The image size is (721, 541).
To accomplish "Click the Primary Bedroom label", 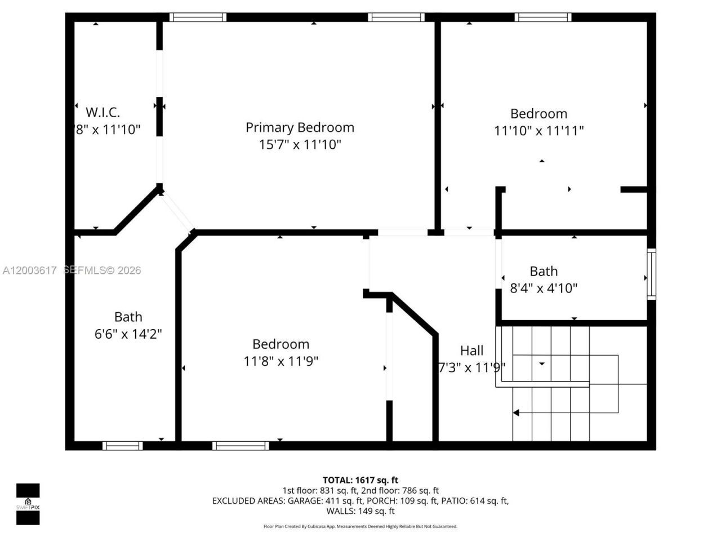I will (x=300, y=127).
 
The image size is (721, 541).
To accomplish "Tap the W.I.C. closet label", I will (x=103, y=112).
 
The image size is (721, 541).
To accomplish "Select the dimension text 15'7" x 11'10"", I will (x=300, y=145).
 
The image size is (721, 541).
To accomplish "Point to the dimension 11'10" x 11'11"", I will (x=538, y=131).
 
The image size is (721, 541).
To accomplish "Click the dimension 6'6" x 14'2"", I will (x=128, y=334).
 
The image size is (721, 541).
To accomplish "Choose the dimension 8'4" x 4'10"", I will (x=544, y=289).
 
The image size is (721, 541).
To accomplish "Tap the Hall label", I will (x=471, y=351).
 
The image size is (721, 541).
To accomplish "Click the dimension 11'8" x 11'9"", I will (x=281, y=361).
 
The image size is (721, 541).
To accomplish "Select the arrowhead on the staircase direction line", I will (x=515, y=413).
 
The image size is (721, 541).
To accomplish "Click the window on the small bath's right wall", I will (x=651, y=274).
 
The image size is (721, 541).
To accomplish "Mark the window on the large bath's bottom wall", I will (x=122, y=446).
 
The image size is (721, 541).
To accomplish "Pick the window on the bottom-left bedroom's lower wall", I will (x=241, y=446).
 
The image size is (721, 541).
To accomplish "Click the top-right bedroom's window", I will (x=543, y=17).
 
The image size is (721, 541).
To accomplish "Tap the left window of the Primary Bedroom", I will (x=198, y=17).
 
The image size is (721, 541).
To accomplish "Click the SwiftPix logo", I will (x=28, y=503).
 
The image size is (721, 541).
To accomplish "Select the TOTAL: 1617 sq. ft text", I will (x=360, y=480).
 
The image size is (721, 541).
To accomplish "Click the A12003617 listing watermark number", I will (x=29, y=270).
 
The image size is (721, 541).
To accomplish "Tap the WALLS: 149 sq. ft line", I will (x=360, y=511).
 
